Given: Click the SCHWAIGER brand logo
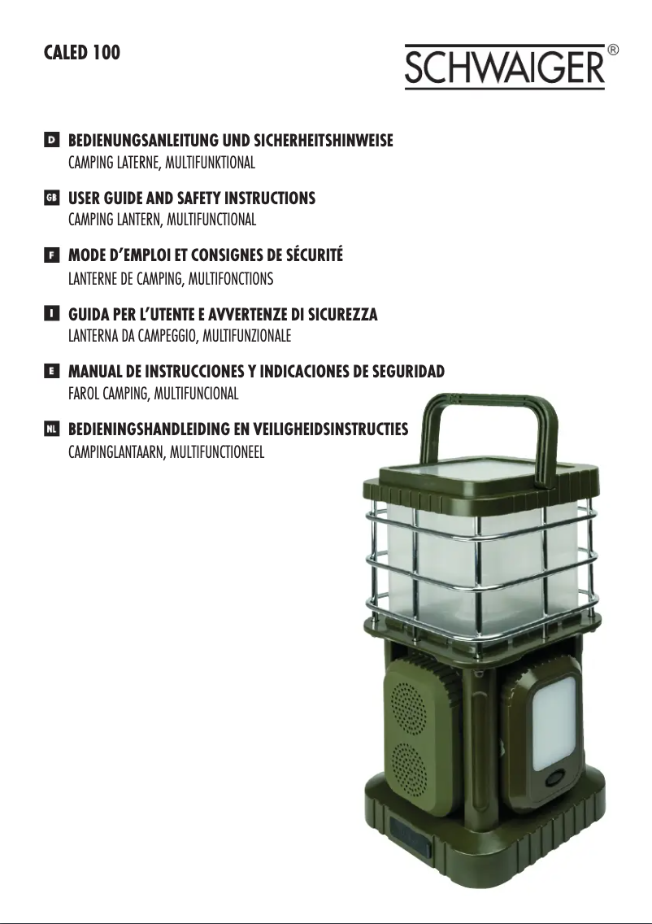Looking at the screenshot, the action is (x=505, y=67).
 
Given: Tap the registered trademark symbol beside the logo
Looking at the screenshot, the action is (x=612, y=50).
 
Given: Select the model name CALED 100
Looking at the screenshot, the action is (x=82, y=52).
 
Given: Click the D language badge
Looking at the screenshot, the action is (x=52, y=140).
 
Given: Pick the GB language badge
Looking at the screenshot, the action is (x=52, y=198).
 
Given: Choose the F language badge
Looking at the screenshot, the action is (x=52, y=255).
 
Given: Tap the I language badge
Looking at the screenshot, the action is (x=52, y=313).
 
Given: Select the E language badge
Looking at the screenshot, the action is (x=52, y=371).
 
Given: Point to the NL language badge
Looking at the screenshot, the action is (x=52, y=429).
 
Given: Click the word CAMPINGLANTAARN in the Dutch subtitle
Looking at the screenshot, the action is (x=116, y=452).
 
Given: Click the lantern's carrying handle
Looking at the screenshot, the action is (x=489, y=408).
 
